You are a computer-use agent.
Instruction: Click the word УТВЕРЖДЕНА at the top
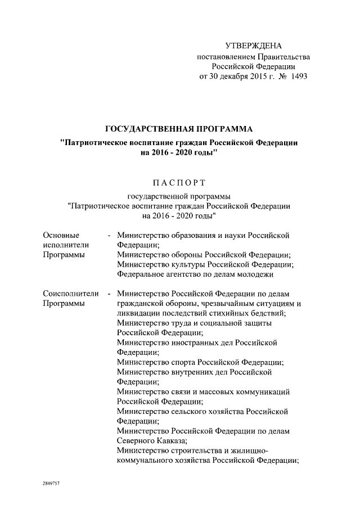coord(253,46)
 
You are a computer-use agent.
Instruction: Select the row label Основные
coord(61,235)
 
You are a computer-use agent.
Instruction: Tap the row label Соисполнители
coord(70,293)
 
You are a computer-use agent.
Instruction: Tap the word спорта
coord(184,362)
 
